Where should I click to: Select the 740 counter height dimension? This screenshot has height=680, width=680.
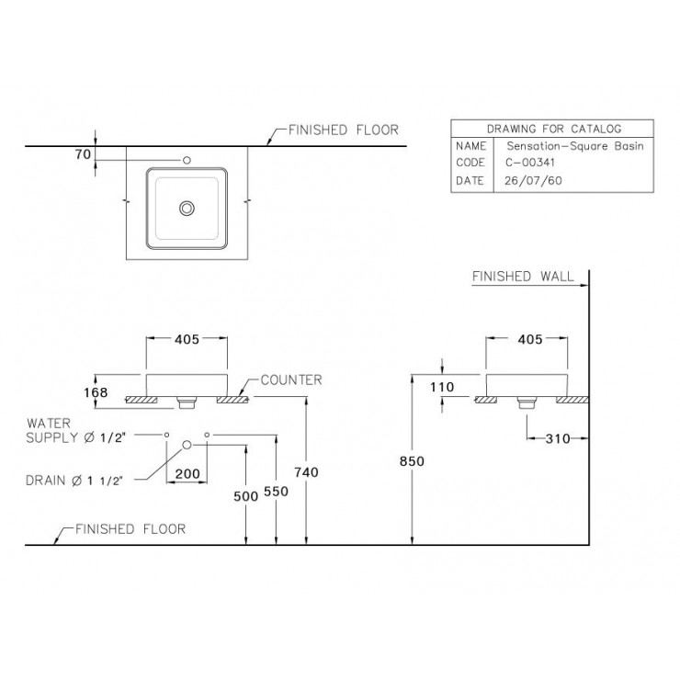306,471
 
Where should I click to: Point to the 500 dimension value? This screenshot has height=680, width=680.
245,496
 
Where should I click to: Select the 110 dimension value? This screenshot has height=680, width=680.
443,387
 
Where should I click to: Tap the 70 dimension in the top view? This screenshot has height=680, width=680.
82,155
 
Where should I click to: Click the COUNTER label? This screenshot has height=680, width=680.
289,379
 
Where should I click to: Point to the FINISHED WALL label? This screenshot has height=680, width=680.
522,276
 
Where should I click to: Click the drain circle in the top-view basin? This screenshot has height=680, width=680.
187,208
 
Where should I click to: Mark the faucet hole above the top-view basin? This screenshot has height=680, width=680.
187,160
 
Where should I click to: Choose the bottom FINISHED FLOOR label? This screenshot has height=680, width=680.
130,528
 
